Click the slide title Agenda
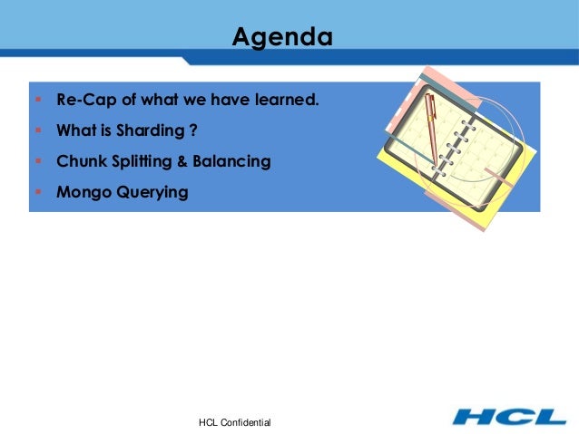pyautogui.click(x=281, y=38)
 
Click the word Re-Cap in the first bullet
pyautogui.click(x=83, y=99)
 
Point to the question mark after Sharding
pyautogui.click(x=192, y=130)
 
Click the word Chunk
pyautogui.click(x=80, y=161)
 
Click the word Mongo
pyautogui.click(x=82, y=192)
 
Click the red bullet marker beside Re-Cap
pyautogui.click(x=37, y=99)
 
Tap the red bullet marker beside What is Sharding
pyautogui.click(x=37, y=130)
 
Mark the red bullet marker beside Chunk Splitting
pyautogui.click(x=37, y=161)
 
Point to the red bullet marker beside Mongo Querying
pyautogui.click(x=37, y=192)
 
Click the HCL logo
pyautogui.click(x=508, y=417)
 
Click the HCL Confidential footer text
pyautogui.click(x=234, y=423)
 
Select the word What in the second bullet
pyautogui.click(x=75, y=130)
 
